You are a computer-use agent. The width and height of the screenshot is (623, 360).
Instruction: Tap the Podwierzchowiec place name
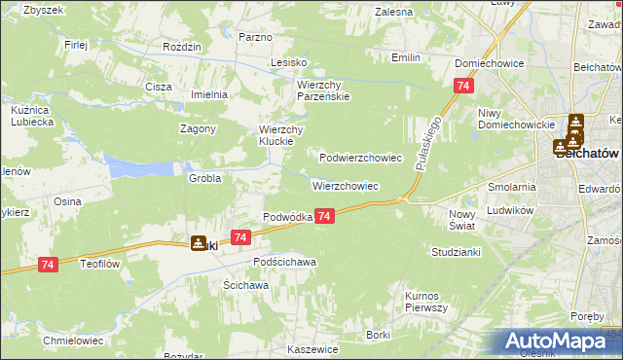tap(361, 157)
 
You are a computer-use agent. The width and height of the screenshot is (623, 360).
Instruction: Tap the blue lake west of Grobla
tap(135, 165)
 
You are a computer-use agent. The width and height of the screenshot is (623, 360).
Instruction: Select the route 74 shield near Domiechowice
tap(458, 87)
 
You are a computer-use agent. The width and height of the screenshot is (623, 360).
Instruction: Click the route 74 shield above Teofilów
tap(48, 264)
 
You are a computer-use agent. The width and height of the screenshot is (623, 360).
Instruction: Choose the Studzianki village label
tap(454, 251)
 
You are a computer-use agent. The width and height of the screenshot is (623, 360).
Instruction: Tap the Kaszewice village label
tap(311, 348)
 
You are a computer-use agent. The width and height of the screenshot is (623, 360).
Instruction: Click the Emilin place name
tap(405, 57)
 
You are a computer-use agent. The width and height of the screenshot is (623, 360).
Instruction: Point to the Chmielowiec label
tap(66, 342)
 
